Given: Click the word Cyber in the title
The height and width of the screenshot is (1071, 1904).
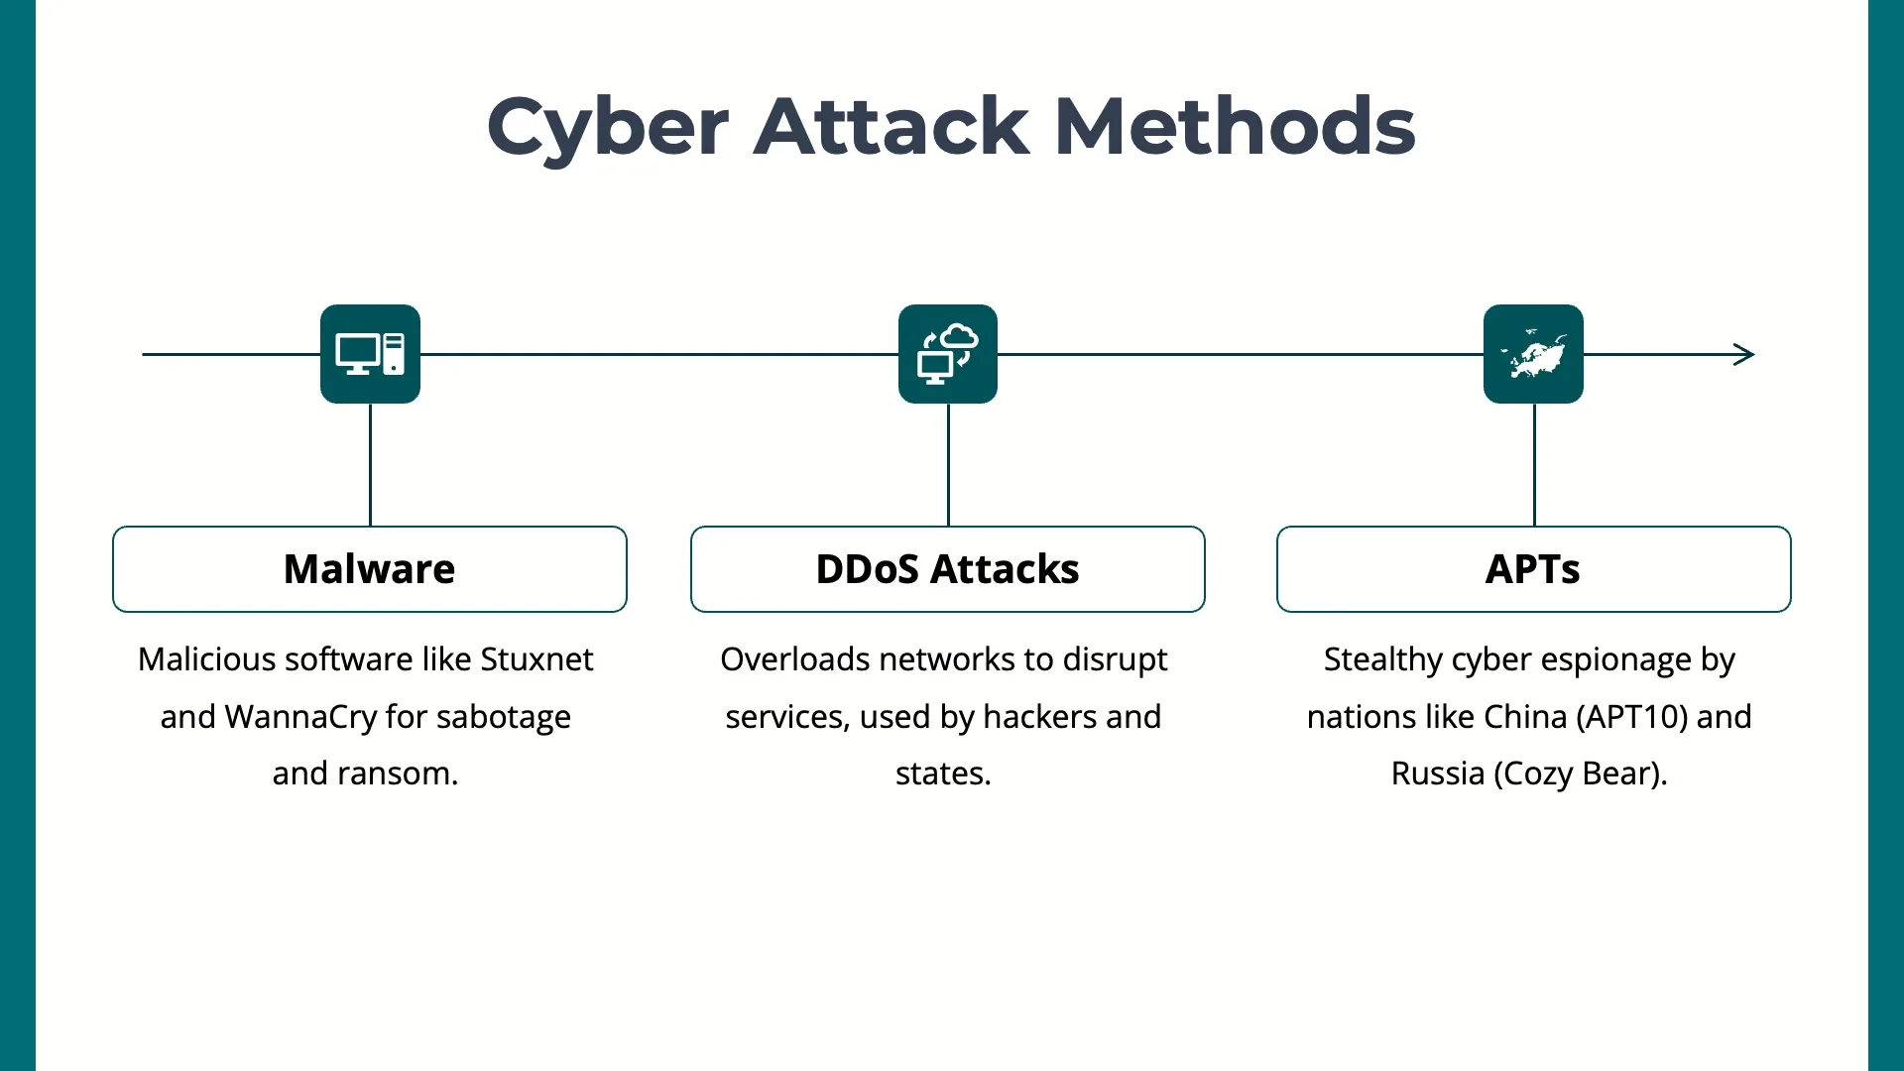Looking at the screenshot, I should [608, 127].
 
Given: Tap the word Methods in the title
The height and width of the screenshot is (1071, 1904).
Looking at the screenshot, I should [1235, 127].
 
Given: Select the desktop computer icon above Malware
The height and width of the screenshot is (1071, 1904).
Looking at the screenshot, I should [370, 354].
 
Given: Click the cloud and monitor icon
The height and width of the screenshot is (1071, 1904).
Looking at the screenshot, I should [948, 354].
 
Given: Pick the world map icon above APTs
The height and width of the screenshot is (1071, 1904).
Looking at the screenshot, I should [1533, 354].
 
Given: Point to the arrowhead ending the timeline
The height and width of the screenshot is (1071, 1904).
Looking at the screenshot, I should [1744, 354].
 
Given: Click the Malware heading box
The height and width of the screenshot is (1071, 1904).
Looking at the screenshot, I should [370, 569].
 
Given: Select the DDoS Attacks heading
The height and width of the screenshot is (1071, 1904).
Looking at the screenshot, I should [947, 569].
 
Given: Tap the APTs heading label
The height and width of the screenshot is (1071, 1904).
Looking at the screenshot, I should [1533, 569].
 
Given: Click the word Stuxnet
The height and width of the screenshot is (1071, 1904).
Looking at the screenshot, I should [536, 659].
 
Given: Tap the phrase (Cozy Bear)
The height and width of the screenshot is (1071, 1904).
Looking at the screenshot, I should [1580, 773].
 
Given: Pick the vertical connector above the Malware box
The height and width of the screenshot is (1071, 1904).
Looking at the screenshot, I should [370, 464].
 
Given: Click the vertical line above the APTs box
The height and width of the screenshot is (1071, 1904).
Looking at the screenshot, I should [1534, 464].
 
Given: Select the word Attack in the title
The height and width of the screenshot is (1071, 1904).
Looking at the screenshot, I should [892, 127].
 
